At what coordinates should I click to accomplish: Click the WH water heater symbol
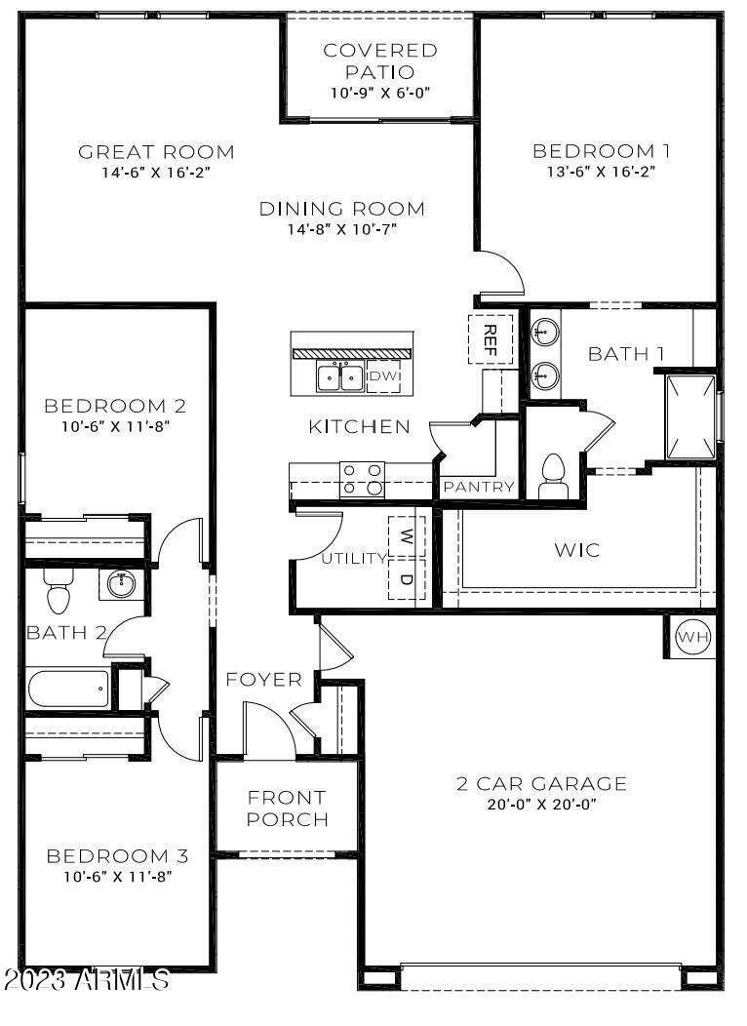[693, 637]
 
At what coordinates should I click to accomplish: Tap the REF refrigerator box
[491, 339]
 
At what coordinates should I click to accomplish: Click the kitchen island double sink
[339, 375]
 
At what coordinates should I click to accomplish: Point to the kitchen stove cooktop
[361, 480]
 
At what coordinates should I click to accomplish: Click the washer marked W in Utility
[407, 534]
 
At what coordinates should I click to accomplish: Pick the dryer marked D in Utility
[407, 581]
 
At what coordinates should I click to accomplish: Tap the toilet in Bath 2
[59, 589]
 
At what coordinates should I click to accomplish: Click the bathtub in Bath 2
[68, 690]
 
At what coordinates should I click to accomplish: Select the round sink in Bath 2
[122, 584]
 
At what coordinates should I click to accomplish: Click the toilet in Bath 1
[553, 475]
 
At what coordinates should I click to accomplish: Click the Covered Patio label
[380, 60]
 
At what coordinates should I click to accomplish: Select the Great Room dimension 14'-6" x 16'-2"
[156, 171]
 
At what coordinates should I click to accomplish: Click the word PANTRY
[479, 487]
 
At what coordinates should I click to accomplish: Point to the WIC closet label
[577, 550]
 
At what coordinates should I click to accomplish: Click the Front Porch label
[287, 809]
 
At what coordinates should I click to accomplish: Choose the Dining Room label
[341, 208]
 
